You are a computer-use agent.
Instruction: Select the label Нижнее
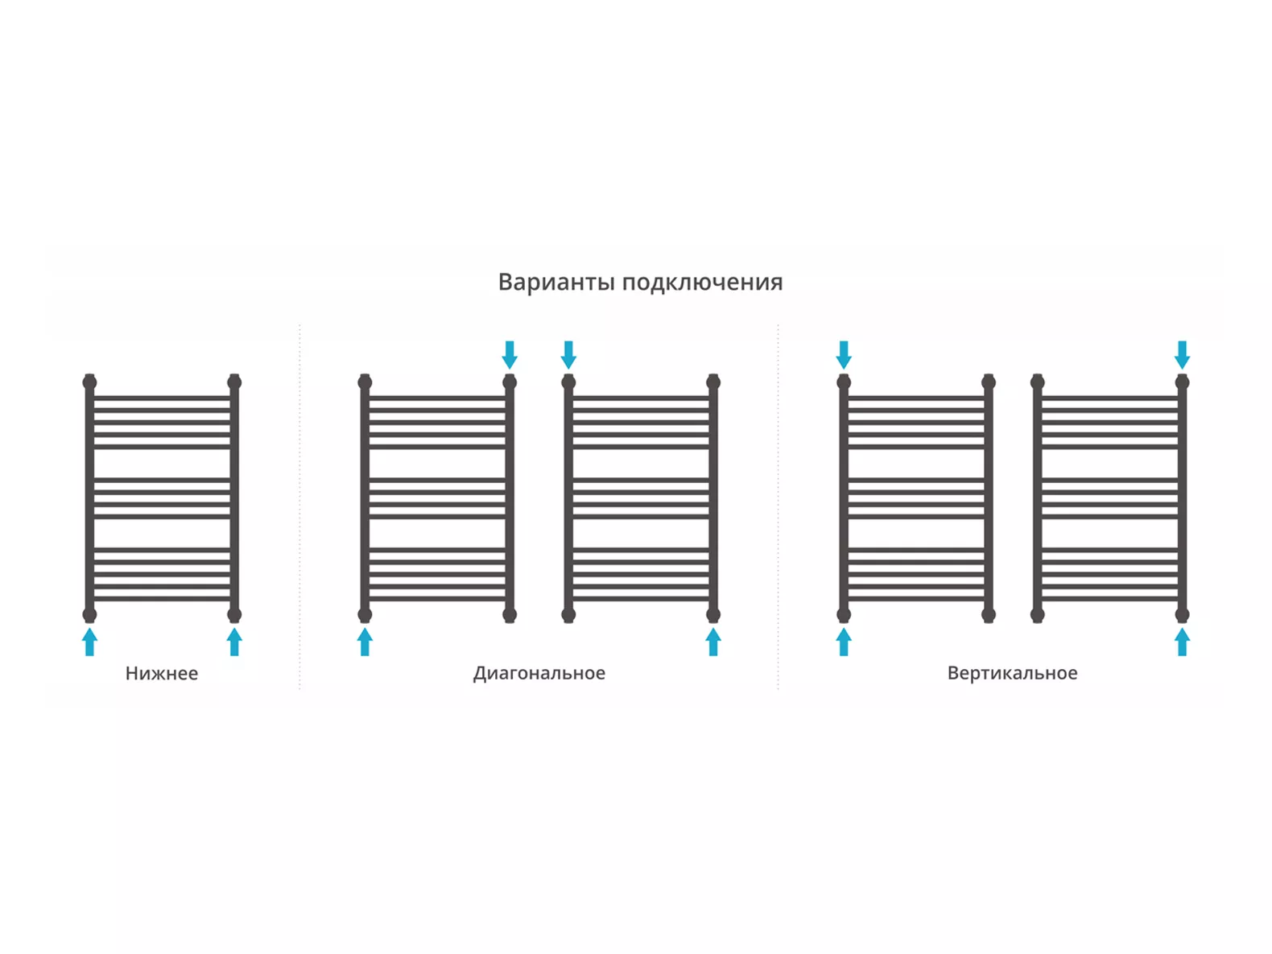(x=162, y=673)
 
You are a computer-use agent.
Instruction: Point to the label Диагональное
(x=539, y=673)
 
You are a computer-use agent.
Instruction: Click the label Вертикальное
(x=1013, y=673)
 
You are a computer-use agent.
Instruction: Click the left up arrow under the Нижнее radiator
(x=89, y=642)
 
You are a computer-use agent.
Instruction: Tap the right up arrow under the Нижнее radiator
(x=234, y=642)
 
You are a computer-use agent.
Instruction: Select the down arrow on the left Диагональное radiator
(x=510, y=355)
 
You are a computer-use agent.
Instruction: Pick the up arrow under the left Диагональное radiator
(x=365, y=642)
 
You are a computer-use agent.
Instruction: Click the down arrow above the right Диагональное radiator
(x=568, y=355)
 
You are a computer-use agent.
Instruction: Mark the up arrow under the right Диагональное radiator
(x=713, y=642)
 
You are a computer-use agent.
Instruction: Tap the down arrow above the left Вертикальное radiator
(x=844, y=355)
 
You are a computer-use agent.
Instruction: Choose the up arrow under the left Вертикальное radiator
(x=844, y=642)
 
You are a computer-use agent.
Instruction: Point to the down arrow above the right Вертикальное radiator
(x=1182, y=355)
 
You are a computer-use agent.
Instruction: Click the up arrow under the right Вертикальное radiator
(x=1182, y=642)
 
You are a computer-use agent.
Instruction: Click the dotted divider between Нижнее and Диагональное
(x=299, y=507)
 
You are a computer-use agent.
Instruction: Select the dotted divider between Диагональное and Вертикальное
(x=778, y=507)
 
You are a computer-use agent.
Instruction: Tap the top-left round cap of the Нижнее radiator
(x=89, y=382)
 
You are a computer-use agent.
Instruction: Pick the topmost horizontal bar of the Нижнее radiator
(x=162, y=399)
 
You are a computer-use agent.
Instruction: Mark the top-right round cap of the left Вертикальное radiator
(x=989, y=382)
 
